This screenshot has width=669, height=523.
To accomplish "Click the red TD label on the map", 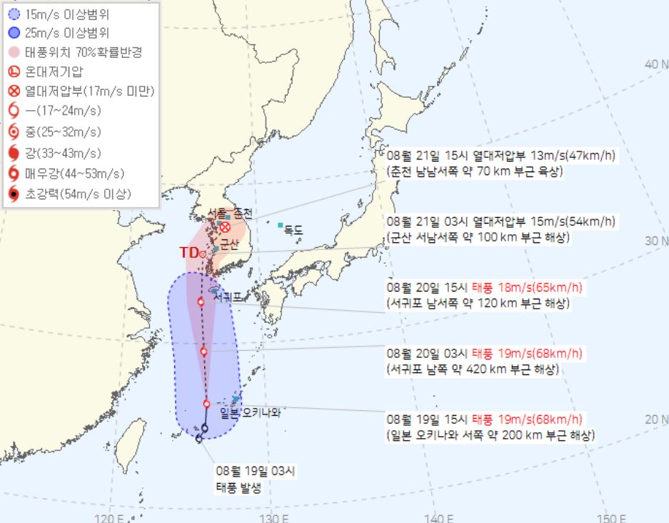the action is tap(189, 252).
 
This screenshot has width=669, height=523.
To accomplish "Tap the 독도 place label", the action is tap(293, 230).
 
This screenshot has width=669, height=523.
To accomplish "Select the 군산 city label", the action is tap(228, 244).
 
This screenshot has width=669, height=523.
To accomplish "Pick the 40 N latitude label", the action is tap(655, 64).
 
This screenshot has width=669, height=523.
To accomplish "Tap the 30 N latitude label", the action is tap(655, 241).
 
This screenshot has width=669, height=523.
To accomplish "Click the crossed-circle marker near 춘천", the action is tap(225, 227).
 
